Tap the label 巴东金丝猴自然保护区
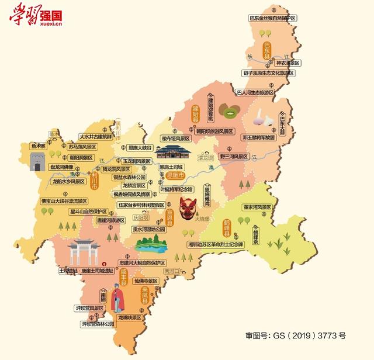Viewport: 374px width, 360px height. coord(273,19)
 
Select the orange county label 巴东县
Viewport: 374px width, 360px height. coord(267,49)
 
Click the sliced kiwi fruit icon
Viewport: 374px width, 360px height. coord(229,110)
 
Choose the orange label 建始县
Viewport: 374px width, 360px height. coord(196,112)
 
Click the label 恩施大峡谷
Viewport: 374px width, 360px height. coord(140,148)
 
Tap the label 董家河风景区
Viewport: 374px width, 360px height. coord(258,207)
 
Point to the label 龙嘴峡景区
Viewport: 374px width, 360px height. coord(130,317)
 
